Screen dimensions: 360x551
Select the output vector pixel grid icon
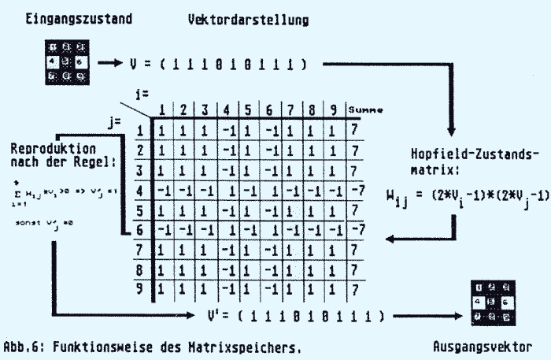coord(490,299)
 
